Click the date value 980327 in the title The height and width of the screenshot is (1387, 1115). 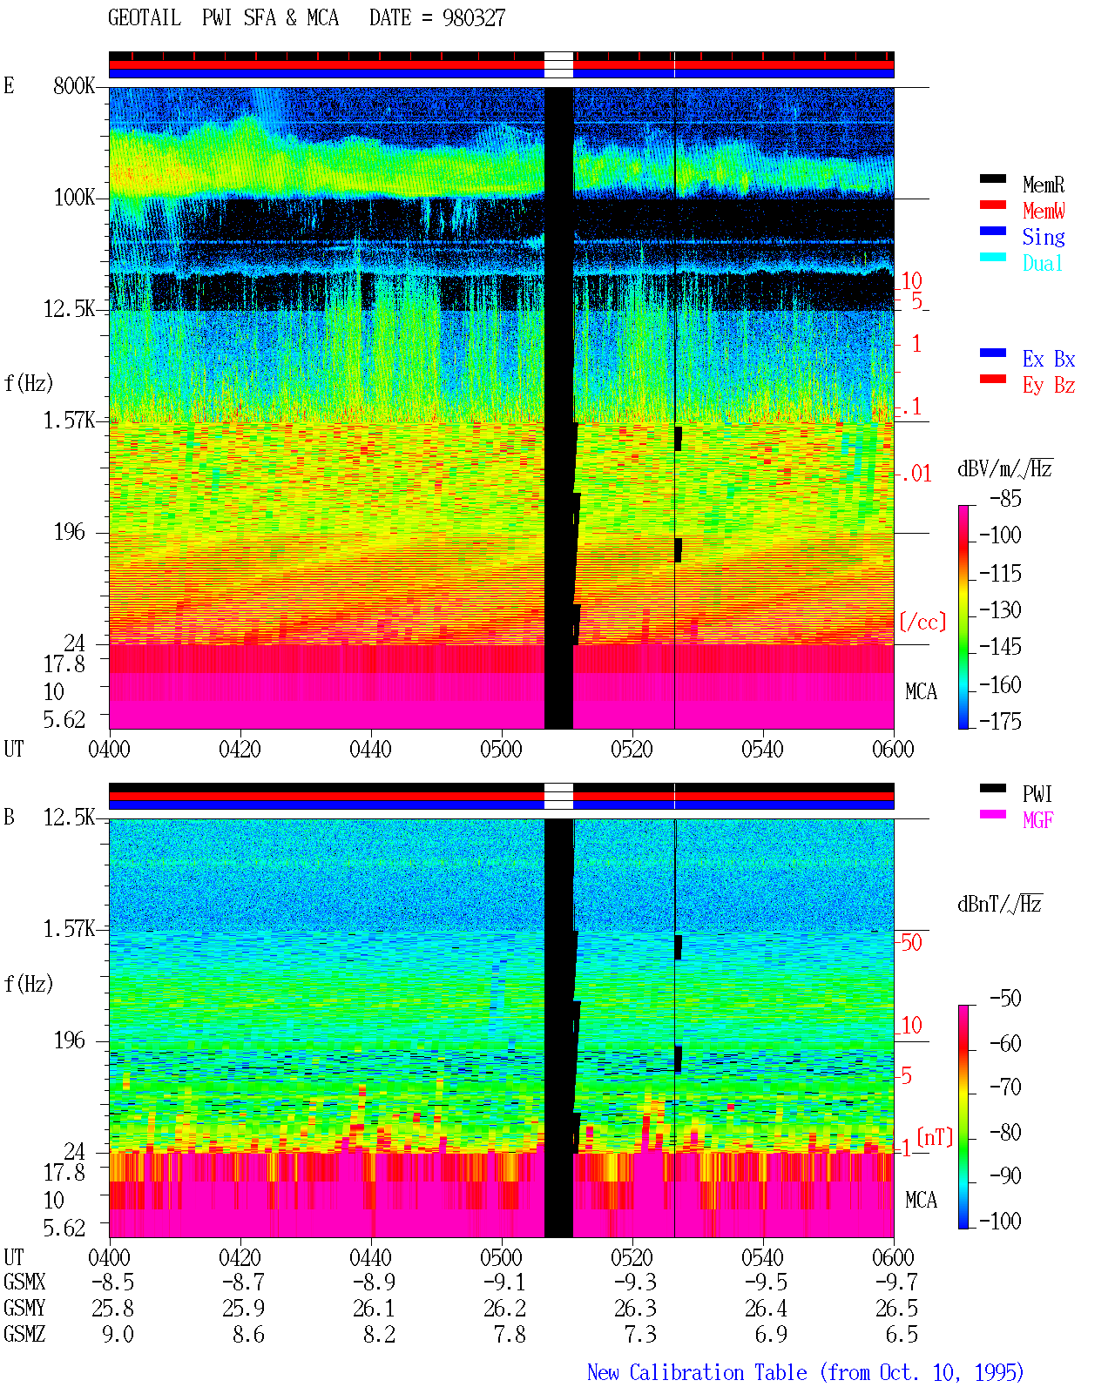tap(473, 17)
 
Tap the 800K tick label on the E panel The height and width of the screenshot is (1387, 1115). tap(74, 85)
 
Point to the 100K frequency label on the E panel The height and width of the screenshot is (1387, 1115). tap(74, 198)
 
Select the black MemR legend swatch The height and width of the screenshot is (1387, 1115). tap(992, 178)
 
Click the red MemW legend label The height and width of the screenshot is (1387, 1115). tap(1044, 210)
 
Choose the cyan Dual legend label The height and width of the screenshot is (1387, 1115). tap(1043, 263)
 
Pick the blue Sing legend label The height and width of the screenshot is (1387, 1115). tap(1044, 237)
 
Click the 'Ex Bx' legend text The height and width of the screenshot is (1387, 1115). tap(1049, 359)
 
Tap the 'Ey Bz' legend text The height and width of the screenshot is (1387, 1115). tap(1049, 386)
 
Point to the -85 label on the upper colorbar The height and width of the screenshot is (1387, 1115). tap(1005, 498)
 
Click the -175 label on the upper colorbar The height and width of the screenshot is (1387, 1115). tap(1000, 721)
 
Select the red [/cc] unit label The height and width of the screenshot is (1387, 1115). tap(922, 622)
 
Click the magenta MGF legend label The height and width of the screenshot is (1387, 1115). tap(1038, 820)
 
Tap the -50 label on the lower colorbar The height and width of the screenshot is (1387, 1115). tap(1005, 998)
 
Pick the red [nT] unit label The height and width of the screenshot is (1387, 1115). tap(935, 1137)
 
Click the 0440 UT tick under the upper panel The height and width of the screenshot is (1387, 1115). tap(370, 749)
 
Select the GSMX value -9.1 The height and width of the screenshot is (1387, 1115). tap(505, 1282)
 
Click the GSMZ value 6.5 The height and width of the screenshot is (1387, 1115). tap(902, 1334)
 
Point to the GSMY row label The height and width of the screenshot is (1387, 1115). tap(24, 1308)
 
